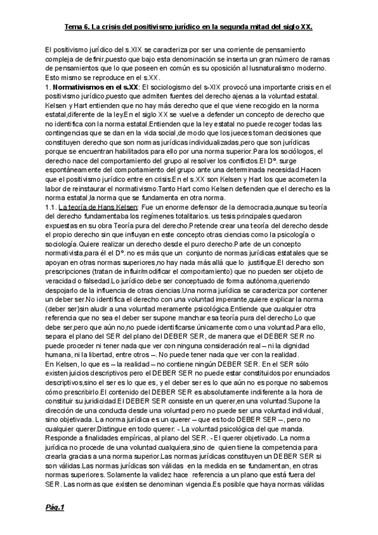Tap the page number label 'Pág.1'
tap(55, 507)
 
